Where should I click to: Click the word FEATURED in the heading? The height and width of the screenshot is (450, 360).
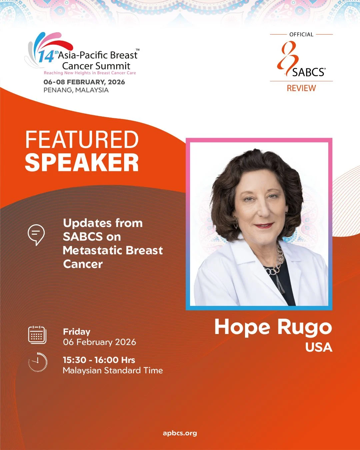(82, 140)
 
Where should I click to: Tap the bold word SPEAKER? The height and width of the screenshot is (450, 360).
(82, 163)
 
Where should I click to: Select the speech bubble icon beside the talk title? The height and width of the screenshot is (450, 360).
(36, 235)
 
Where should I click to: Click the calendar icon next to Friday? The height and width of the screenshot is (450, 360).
(37, 335)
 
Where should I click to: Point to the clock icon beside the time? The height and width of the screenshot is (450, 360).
(38, 362)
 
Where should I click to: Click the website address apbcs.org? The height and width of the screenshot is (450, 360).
(180, 433)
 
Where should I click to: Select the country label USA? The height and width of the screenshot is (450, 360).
(319, 347)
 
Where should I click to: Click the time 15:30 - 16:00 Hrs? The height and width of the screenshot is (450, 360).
(99, 360)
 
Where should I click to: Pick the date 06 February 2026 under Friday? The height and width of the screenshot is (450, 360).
(99, 342)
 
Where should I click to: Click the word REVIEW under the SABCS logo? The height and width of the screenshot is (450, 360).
(301, 88)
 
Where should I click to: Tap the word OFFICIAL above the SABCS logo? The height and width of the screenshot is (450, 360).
(301, 34)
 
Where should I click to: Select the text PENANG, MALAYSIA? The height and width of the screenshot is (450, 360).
(76, 90)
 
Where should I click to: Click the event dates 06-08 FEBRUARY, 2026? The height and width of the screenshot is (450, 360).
(84, 82)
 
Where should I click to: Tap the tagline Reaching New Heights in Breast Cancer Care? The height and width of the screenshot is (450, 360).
(90, 73)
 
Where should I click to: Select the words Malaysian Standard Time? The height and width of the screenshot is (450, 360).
(113, 370)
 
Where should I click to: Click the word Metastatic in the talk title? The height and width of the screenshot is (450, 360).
(94, 250)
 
